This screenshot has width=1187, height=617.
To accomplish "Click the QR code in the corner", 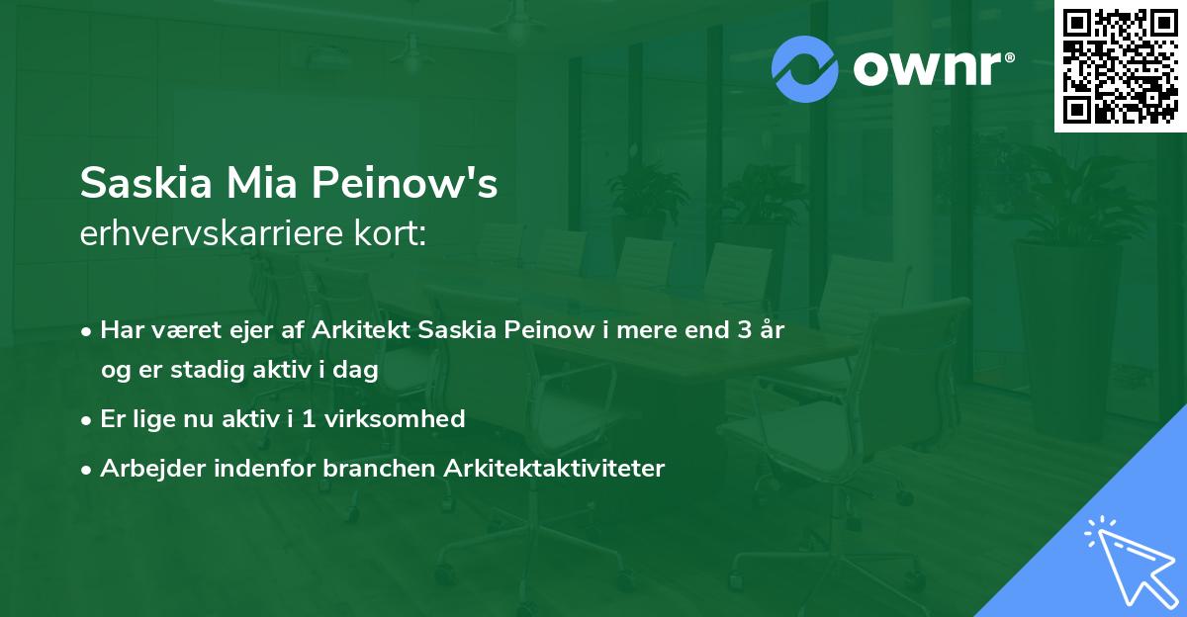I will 1121,66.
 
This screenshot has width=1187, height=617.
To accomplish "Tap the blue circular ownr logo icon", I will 804,69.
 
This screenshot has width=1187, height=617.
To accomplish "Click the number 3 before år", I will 744,330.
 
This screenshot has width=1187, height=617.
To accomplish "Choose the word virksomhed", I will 393,418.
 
